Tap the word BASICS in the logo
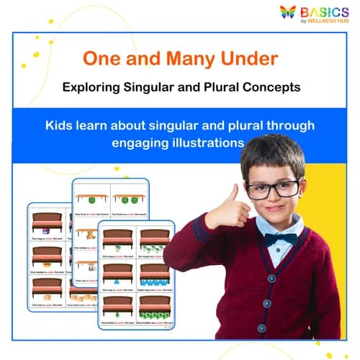click(325, 12)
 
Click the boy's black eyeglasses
click(272, 189)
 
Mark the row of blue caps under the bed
click(155, 277)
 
